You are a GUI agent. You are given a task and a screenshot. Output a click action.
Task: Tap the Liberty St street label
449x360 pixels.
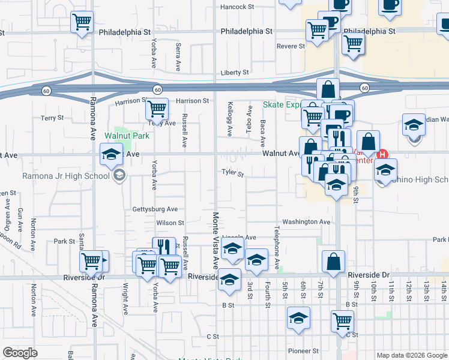(x=234, y=73)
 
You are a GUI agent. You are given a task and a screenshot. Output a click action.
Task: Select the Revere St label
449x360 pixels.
(x=291, y=46)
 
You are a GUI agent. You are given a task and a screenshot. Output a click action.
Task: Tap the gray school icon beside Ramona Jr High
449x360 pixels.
(x=119, y=175)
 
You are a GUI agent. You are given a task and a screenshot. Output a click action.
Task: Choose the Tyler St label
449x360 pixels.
(x=232, y=174)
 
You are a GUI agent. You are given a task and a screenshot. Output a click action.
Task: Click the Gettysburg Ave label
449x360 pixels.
(x=155, y=209)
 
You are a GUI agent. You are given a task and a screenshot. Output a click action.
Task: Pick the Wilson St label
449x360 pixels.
(x=170, y=223)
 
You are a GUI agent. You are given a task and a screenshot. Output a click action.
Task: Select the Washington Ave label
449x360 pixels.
(x=306, y=221)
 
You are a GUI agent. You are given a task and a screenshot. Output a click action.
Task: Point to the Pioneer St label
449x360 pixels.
(x=303, y=350)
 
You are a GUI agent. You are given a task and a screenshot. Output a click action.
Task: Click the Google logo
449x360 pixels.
(x=20, y=353)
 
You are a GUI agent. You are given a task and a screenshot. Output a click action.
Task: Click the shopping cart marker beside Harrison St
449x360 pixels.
(x=156, y=109)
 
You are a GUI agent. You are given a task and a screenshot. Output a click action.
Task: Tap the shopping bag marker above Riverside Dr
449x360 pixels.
(x=333, y=261)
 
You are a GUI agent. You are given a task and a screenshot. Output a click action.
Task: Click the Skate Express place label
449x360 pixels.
(x=281, y=104)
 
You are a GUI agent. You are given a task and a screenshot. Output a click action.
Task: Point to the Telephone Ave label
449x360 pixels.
(x=277, y=248)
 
